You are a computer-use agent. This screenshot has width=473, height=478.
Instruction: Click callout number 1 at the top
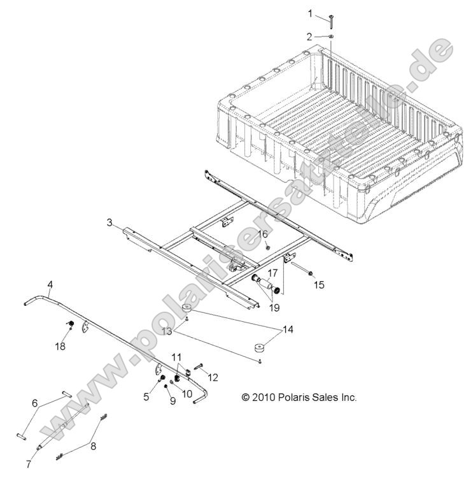point(311,13)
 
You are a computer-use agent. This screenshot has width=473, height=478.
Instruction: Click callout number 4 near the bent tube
point(50,283)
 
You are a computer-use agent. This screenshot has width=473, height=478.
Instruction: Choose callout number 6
point(35,403)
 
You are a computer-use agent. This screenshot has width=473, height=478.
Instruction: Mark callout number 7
point(28,463)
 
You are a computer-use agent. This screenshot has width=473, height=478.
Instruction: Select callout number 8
point(94,446)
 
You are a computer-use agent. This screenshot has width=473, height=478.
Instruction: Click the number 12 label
point(213,377)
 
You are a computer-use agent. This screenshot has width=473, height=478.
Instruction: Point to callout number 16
point(262,234)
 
